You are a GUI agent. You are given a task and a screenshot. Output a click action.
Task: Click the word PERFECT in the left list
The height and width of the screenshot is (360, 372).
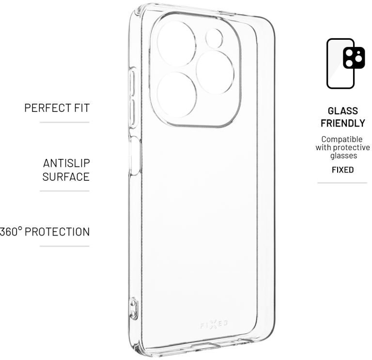point(46,108)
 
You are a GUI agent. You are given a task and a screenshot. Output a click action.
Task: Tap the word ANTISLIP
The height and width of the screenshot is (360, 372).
point(66,163)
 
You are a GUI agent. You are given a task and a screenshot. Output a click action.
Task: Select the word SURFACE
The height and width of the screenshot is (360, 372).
point(66,177)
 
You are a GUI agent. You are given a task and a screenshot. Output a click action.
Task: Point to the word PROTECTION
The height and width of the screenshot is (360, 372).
point(57,232)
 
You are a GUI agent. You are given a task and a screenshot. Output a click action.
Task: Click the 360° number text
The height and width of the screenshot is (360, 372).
point(10,232)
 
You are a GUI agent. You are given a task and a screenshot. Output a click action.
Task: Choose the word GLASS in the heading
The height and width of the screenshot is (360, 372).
point(342,111)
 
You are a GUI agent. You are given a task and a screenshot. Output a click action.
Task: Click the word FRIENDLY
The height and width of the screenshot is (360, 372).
point(342,123)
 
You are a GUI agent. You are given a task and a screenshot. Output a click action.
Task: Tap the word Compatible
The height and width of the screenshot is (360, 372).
point(342,139)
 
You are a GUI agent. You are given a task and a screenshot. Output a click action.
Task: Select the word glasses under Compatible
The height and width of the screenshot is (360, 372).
point(343,156)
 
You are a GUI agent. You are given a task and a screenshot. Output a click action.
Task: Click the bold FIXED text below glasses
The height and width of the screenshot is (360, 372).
point(342,170)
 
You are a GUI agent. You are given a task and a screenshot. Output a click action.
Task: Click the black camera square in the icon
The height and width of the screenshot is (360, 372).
point(354,58)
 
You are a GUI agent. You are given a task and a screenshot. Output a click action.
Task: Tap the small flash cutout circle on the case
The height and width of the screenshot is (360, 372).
point(214,38)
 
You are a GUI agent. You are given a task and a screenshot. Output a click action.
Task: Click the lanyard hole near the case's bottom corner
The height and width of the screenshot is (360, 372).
point(133,308)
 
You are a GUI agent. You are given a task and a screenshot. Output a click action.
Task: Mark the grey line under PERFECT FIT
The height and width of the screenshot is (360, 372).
point(64,123)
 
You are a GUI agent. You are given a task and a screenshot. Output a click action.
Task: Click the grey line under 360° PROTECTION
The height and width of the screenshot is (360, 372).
point(64,246)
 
